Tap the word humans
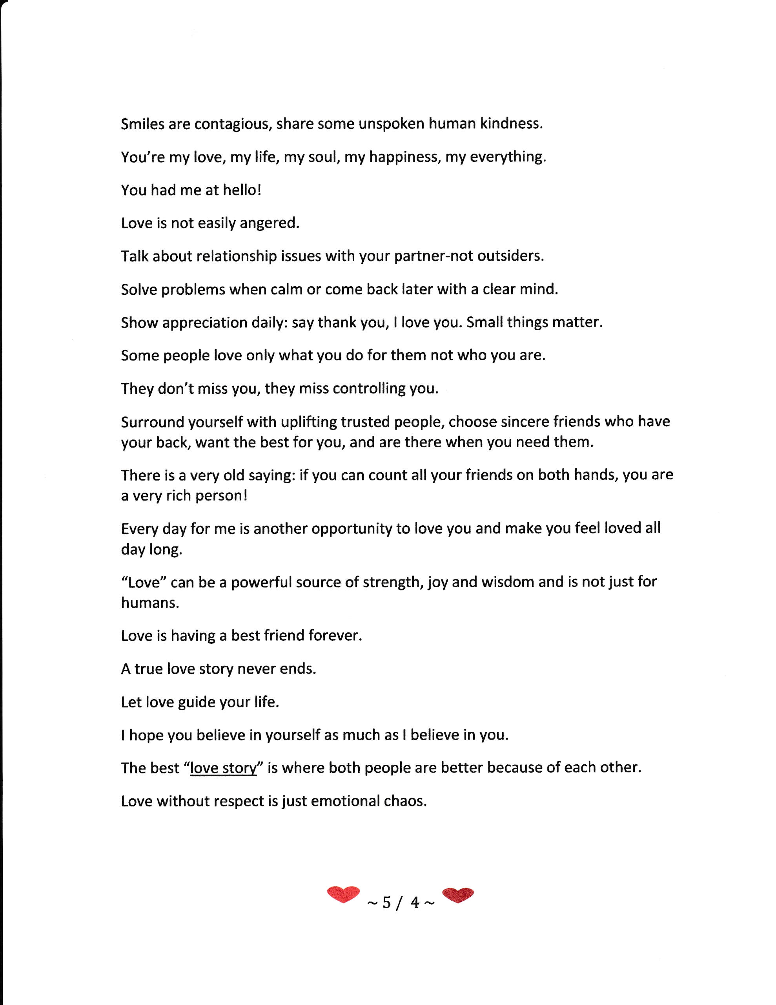[x=149, y=603]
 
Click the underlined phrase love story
[x=223, y=769]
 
